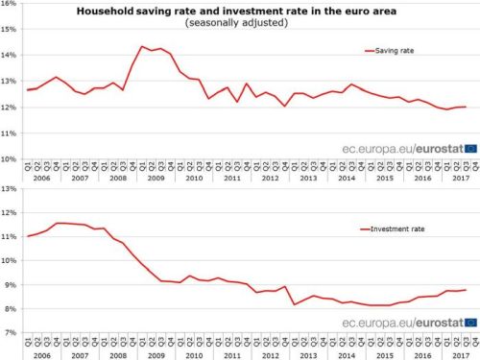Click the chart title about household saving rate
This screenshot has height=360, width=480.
(230, 11)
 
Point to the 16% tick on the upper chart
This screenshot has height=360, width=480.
(12, 5)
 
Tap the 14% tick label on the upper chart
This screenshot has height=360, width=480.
(12, 56)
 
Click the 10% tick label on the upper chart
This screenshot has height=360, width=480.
(12, 158)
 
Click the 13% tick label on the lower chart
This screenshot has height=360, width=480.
(12, 189)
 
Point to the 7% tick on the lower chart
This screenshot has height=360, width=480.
(12, 333)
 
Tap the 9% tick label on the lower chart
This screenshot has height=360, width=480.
(12, 285)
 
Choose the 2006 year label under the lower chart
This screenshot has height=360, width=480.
(41, 353)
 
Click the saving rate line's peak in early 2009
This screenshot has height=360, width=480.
(142, 46)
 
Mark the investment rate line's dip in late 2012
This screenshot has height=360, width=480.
(296, 304)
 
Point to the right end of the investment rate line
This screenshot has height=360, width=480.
(466, 290)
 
